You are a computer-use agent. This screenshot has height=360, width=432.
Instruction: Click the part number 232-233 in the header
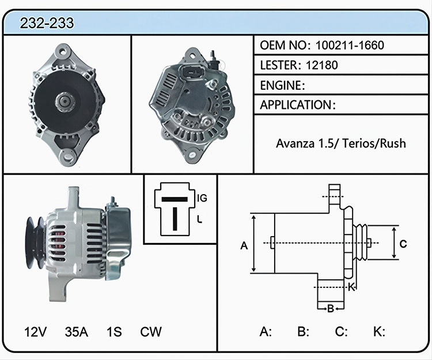point(47,23)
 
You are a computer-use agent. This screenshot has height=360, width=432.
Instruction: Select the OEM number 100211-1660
point(350,45)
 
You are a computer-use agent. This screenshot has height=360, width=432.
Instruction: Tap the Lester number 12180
point(322,65)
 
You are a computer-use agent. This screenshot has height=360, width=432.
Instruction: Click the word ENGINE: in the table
point(282,85)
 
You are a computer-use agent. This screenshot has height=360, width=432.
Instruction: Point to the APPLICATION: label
point(298,105)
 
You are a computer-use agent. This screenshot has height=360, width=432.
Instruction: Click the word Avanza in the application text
point(295,143)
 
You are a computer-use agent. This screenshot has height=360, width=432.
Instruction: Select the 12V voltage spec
point(36,332)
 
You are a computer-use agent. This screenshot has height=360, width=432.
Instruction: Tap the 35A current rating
point(76,332)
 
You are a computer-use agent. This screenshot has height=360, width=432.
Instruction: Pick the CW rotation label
point(151,332)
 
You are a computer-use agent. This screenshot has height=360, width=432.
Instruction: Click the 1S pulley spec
point(114,332)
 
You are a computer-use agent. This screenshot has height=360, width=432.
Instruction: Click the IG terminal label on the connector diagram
point(202,198)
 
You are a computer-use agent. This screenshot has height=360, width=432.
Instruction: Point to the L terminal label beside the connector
point(200,219)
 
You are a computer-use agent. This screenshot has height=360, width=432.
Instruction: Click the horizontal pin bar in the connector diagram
point(175,199)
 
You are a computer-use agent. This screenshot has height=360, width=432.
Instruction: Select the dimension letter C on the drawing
point(403,244)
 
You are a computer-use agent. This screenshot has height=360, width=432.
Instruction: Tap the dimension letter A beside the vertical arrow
point(244,245)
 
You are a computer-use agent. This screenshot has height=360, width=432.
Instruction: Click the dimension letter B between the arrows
point(331,309)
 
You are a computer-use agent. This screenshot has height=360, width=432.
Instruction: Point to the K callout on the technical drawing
point(351,287)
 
